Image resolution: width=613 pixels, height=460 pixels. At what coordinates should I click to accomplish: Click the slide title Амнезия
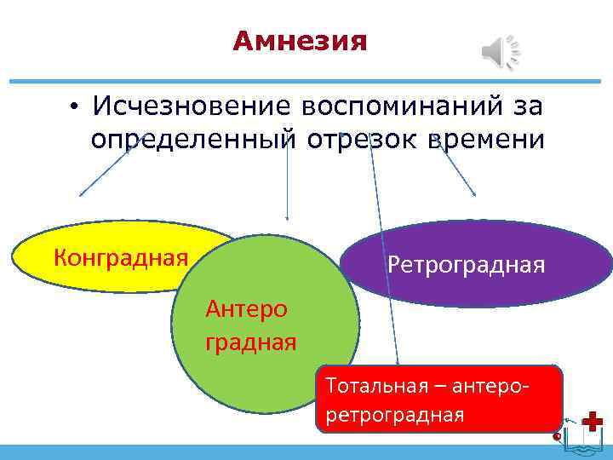pyautogui.click(x=300, y=41)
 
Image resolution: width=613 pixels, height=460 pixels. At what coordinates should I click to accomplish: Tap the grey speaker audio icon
pyautogui.click(x=501, y=53)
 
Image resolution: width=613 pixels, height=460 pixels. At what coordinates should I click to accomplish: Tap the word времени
pyautogui.click(x=488, y=138)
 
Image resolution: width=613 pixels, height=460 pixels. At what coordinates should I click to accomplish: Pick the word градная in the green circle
pyautogui.click(x=250, y=343)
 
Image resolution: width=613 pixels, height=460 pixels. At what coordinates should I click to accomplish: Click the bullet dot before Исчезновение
pyautogui.click(x=75, y=107)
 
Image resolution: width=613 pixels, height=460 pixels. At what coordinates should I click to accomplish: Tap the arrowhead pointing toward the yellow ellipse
pyautogui.click(x=82, y=194)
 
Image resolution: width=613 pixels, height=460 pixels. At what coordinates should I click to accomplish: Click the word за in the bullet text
pyautogui.click(x=530, y=106)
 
